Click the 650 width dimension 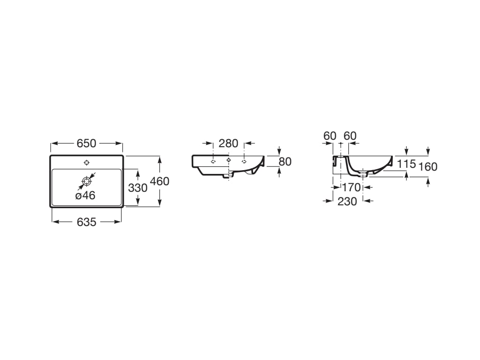coord(86,143)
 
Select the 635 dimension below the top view coord(86,222)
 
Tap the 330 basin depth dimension coord(137,188)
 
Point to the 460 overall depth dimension coord(160,181)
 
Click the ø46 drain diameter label coord(85,195)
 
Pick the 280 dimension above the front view coord(228,143)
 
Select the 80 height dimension coord(285,162)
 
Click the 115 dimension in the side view coord(406,164)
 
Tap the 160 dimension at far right coord(428,167)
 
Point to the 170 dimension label coord(351,187)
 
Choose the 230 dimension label coord(347,202)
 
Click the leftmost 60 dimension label coord(330,136)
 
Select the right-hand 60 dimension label coord(350,136)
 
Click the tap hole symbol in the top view coord(86,163)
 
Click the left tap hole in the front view coord(213,161)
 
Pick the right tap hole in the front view coord(244,161)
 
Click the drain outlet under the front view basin coord(229,175)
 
